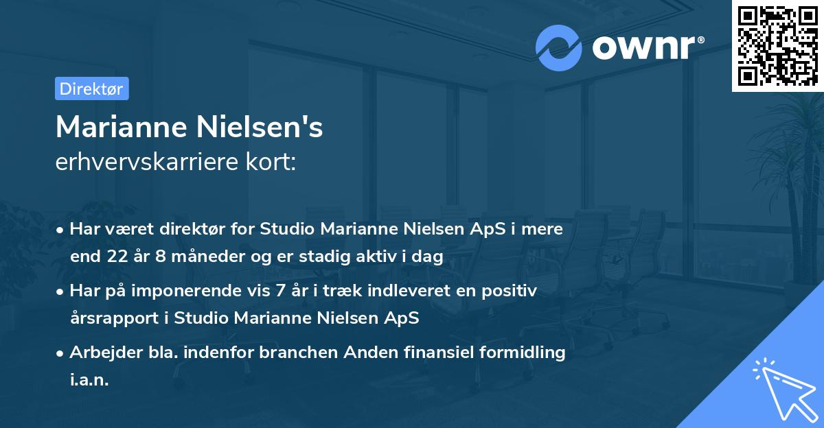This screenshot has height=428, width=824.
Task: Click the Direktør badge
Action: [x=91, y=88]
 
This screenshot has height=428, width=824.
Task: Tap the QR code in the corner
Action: [x=777, y=45]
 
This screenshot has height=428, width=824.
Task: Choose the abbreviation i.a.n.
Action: [x=89, y=380]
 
